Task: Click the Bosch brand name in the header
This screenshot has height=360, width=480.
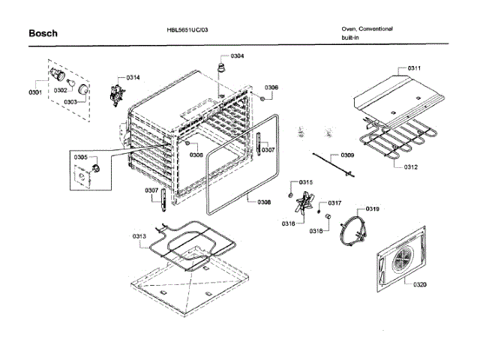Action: tap(43, 33)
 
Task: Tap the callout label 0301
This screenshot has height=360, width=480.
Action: tap(34, 93)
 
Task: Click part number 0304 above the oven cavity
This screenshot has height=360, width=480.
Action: tap(237, 57)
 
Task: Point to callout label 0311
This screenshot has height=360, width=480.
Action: tap(415, 69)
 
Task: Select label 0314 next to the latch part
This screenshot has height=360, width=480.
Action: tap(133, 78)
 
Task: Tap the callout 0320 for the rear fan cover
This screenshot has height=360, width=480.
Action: tap(419, 284)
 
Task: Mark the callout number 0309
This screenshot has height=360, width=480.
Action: tap(347, 155)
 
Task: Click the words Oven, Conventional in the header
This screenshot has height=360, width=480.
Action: tap(367, 29)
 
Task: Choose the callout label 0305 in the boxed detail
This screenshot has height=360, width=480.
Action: tap(80, 157)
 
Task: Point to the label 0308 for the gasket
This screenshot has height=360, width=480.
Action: tap(264, 202)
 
